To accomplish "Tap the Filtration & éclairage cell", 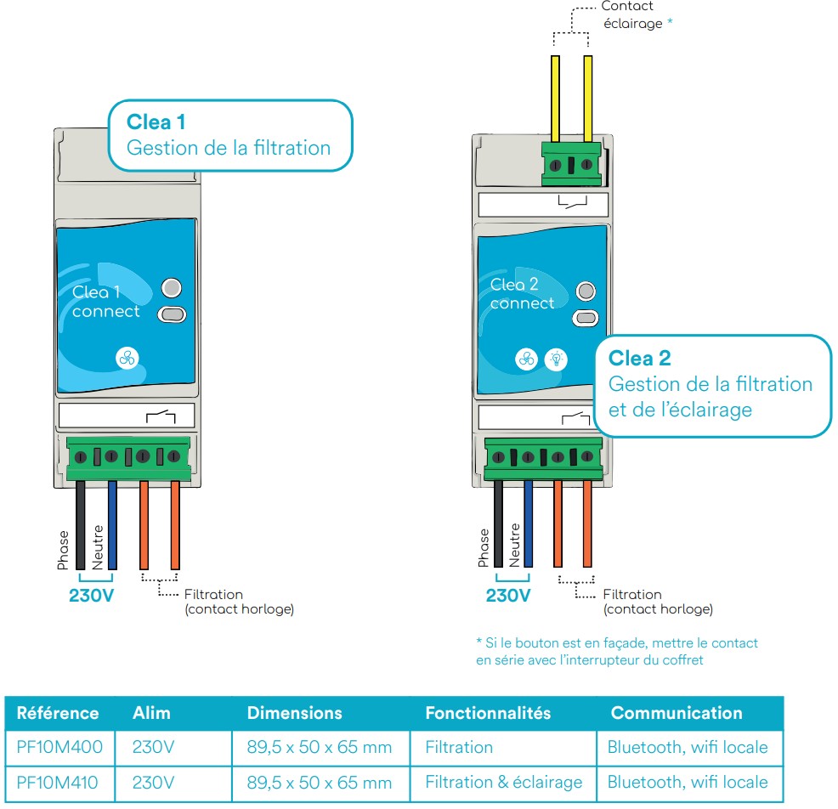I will pyautogui.click(x=503, y=782).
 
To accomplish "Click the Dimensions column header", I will pyautogui.click(x=294, y=713).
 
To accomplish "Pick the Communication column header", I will pyautogui.click(x=677, y=713).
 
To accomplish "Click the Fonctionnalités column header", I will pyautogui.click(x=488, y=713).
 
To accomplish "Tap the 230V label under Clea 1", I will pyautogui.click(x=91, y=596).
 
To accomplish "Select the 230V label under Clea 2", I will pyautogui.click(x=508, y=596).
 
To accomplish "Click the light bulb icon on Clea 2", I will pyautogui.click(x=556, y=359).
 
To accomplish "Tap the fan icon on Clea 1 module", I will pyautogui.click(x=127, y=359).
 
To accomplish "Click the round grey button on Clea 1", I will pyautogui.click(x=172, y=287).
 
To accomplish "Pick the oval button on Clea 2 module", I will pyautogui.click(x=586, y=319).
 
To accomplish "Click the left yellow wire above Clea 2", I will pyautogui.click(x=555, y=99).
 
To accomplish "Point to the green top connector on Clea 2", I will pyautogui.click(x=571, y=165).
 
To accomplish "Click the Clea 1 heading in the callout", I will pyautogui.click(x=156, y=122).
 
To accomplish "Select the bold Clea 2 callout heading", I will pyautogui.click(x=639, y=358).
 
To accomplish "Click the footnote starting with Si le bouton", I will pyautogui.click(x=616, y=652).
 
